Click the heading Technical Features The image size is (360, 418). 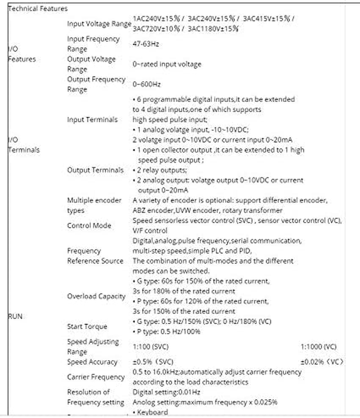coord(38,8)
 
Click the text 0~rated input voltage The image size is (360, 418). coord(167,64)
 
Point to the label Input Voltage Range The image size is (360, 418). coord(99,23)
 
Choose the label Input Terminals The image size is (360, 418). coord(92,119)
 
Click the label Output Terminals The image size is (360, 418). coord(95,170)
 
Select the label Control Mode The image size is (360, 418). coord(89,225)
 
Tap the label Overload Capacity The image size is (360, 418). coord(96,296)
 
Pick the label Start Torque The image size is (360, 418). coord(87,326)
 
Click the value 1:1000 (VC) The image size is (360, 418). coord(319,347)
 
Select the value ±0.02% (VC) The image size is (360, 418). coord(322,362)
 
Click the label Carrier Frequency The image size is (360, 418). coord(96,377)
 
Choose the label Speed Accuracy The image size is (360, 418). coord(92,362)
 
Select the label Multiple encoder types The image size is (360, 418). coord(94,205)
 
